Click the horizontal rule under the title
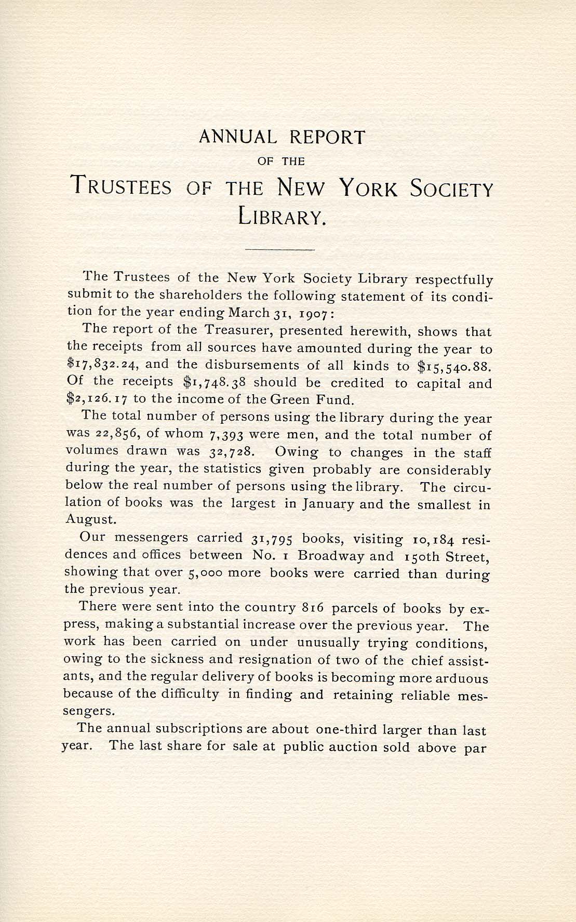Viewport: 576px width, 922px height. click(x=280, y=250)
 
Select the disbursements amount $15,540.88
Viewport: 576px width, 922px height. click(x=454, y=366)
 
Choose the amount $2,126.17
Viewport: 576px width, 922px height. click(x=98, y=399)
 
